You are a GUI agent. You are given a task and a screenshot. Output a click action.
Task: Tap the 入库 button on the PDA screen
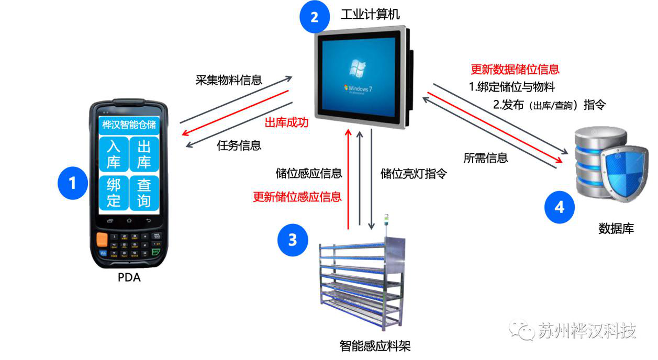point(114,154)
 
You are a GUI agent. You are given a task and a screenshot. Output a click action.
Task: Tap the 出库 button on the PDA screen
point(144,154)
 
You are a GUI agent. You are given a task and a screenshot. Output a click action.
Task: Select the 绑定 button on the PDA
point(114,192)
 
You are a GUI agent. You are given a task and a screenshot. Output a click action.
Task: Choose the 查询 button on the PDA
point(144,192)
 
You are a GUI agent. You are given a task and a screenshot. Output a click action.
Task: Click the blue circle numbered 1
point(72,183)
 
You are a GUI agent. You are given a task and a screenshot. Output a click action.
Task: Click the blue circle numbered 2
point(314,17)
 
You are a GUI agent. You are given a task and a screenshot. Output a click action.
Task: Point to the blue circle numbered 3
point(293,240)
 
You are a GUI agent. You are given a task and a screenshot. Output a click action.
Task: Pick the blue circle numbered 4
point(559,207)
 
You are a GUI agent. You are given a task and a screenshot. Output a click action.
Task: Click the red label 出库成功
point(286,123)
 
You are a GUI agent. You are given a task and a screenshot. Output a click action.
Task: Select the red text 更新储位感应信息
point(297,197)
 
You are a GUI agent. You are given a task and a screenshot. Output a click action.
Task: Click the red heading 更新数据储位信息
point(515,69)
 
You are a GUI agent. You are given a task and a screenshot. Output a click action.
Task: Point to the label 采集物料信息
point(229,80)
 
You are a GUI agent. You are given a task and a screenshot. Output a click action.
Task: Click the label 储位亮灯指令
point(414,173)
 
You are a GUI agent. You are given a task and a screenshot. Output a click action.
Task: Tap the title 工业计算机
point(370,14)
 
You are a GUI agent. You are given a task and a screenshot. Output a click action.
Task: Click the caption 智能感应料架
point(375,345)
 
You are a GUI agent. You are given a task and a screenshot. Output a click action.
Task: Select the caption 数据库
point(616,228)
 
